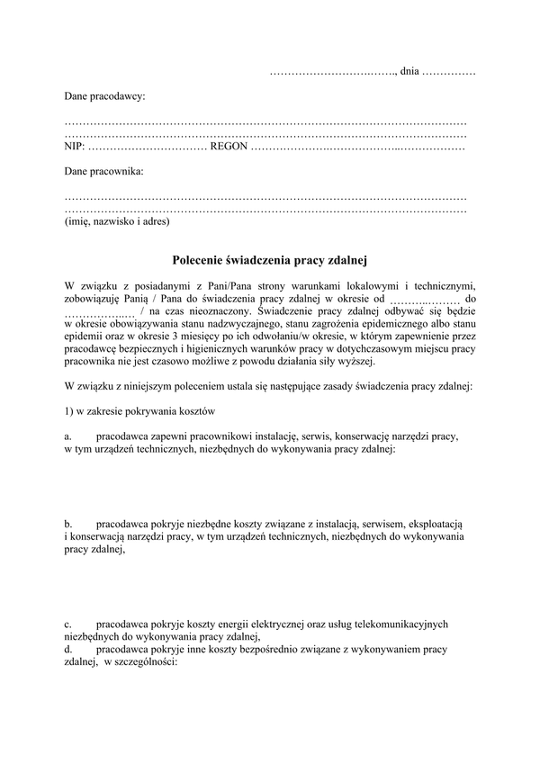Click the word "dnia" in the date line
[x=409, y=70]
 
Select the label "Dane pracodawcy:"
[x=104, y=94]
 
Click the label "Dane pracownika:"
[x=103, y=170]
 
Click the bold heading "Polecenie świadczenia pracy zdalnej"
[x=271, y=261]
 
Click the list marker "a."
[x=67, y=436]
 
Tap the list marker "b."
[x=68, y=523]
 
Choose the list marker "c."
[x=67, y=623]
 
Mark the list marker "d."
[x=68, y=648]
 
